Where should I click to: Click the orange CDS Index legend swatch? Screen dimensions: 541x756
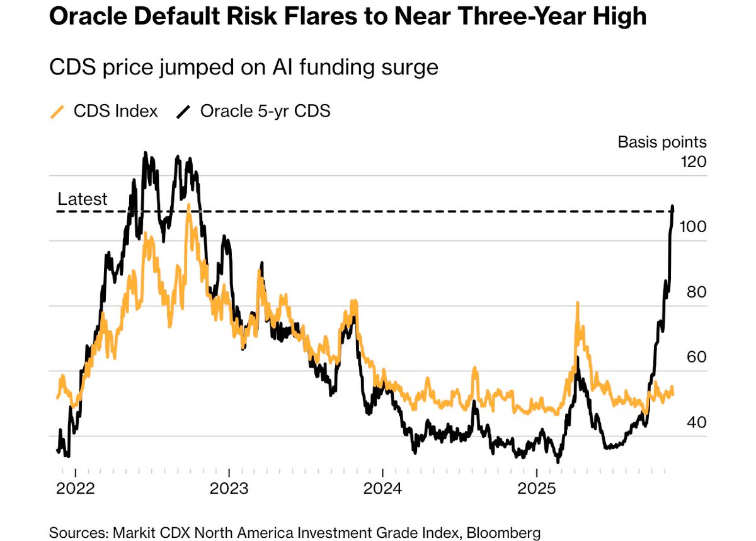57,112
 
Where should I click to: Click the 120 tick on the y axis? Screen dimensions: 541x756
693,162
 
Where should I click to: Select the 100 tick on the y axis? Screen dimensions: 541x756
693,227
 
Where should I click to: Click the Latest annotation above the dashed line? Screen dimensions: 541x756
83,199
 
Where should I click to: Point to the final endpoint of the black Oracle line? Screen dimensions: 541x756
673,207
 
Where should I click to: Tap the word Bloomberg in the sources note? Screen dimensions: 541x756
503,533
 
